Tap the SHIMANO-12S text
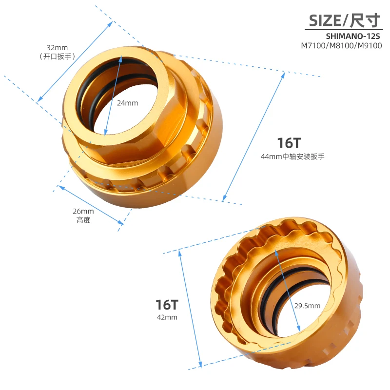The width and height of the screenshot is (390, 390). [x=353, y=37]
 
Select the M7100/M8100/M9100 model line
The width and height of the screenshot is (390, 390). [x=341, y=46]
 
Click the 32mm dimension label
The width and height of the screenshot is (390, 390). [x=57, y=48]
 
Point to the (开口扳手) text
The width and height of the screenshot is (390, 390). [x=57, y=57]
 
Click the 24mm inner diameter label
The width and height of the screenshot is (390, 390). [x=128, y=103]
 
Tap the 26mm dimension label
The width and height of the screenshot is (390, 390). [x=83, y=211]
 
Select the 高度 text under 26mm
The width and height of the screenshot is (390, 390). [x=83, y=220]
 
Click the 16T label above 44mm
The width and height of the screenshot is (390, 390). [x=289, y=143]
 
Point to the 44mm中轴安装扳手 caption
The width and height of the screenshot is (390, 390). [x=293, y=156]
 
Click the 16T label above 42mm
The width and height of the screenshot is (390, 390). [x=167, y=305]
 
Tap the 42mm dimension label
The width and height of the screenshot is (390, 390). [x=167, y=317]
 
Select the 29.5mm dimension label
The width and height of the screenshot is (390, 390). [x=307, y=306]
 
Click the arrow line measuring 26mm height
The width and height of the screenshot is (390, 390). [x=90, y=205]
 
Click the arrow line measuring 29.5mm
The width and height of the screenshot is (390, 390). [x=288, y=288]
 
